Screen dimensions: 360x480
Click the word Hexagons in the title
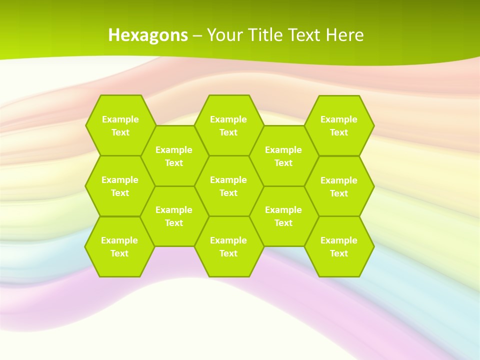(148, 35)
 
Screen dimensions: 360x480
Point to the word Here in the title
(344, 35)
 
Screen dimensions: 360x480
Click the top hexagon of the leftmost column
(120, 125)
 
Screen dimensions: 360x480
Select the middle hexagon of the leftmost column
(120, 186)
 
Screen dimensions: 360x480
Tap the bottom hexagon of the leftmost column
(119, 246)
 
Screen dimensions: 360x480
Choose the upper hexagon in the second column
(174, 156)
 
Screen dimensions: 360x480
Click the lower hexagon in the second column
(174, 216)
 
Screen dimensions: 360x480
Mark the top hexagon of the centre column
(228, 125)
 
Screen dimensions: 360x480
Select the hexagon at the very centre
(228, 186)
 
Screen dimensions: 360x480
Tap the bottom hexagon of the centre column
(228, 246)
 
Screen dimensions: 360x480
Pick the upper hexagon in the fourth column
(283, 156)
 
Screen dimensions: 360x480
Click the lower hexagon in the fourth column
(283, 216)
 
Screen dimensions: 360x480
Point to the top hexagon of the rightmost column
(339, 125)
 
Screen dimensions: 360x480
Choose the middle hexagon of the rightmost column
(339, 186)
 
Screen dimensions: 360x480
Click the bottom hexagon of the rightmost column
(339, 246)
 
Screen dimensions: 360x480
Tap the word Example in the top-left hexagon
(120, 119)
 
